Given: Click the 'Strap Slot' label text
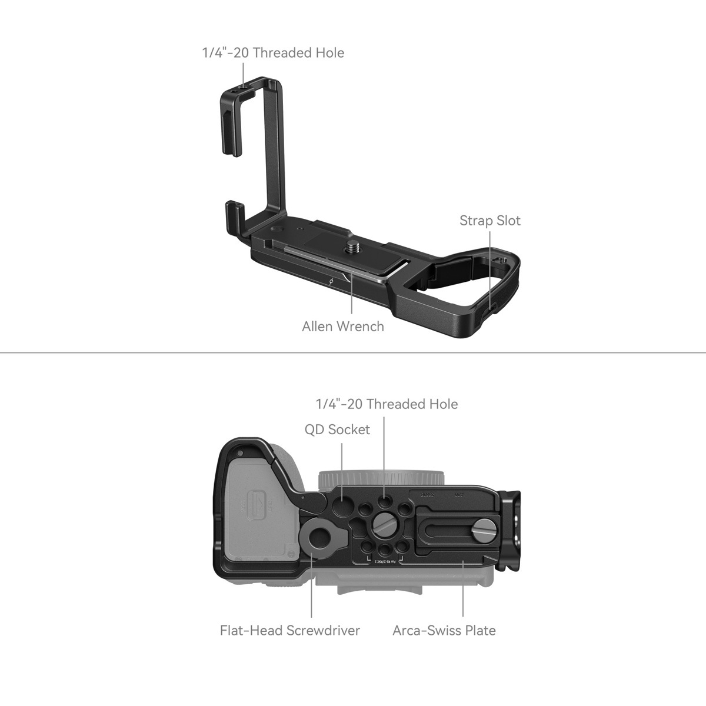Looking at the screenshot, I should [489, 221].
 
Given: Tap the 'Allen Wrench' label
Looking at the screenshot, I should [342, 326].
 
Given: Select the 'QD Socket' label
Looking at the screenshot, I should [337, 429].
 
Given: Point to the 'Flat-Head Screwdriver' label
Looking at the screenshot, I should [289, 630].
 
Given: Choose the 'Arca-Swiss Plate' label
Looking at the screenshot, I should [444, 630].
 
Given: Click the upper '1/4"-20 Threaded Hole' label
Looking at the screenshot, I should [273, 52].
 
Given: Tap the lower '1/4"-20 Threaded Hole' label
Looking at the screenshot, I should [386, 404].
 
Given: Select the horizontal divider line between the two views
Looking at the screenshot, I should [353, 353].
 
